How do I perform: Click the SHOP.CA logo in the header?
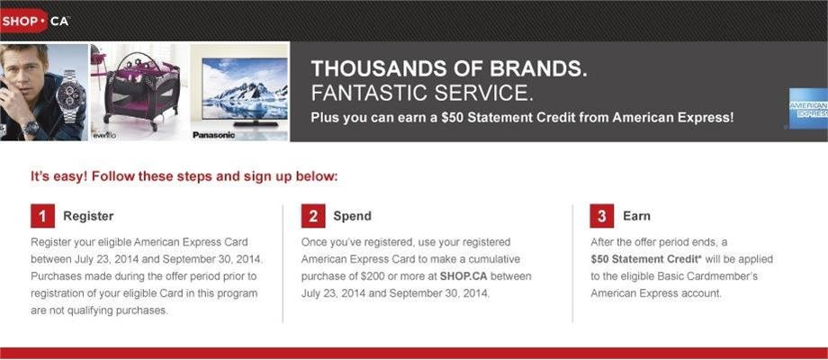pos(35,21)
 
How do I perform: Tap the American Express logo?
pos(808,108)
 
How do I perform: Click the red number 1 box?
pos(43,216)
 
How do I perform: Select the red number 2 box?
pos(313,216)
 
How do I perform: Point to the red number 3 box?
pos(602,216)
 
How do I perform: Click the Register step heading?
pos(88,216)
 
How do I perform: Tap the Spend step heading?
pos(352,216)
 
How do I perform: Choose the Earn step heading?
pos(636,216)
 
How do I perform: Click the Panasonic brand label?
pos(212,135)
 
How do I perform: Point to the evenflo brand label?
pos(103,136)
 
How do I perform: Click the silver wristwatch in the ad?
pos(71,97)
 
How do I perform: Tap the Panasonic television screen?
pos(245,89)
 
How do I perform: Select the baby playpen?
pos(141,91)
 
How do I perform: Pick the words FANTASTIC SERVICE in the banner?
pos(421,93)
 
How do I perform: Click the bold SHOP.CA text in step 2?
pos(463,276)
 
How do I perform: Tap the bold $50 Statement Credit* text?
pos(640,259)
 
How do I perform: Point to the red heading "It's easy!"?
pos(58,176)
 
